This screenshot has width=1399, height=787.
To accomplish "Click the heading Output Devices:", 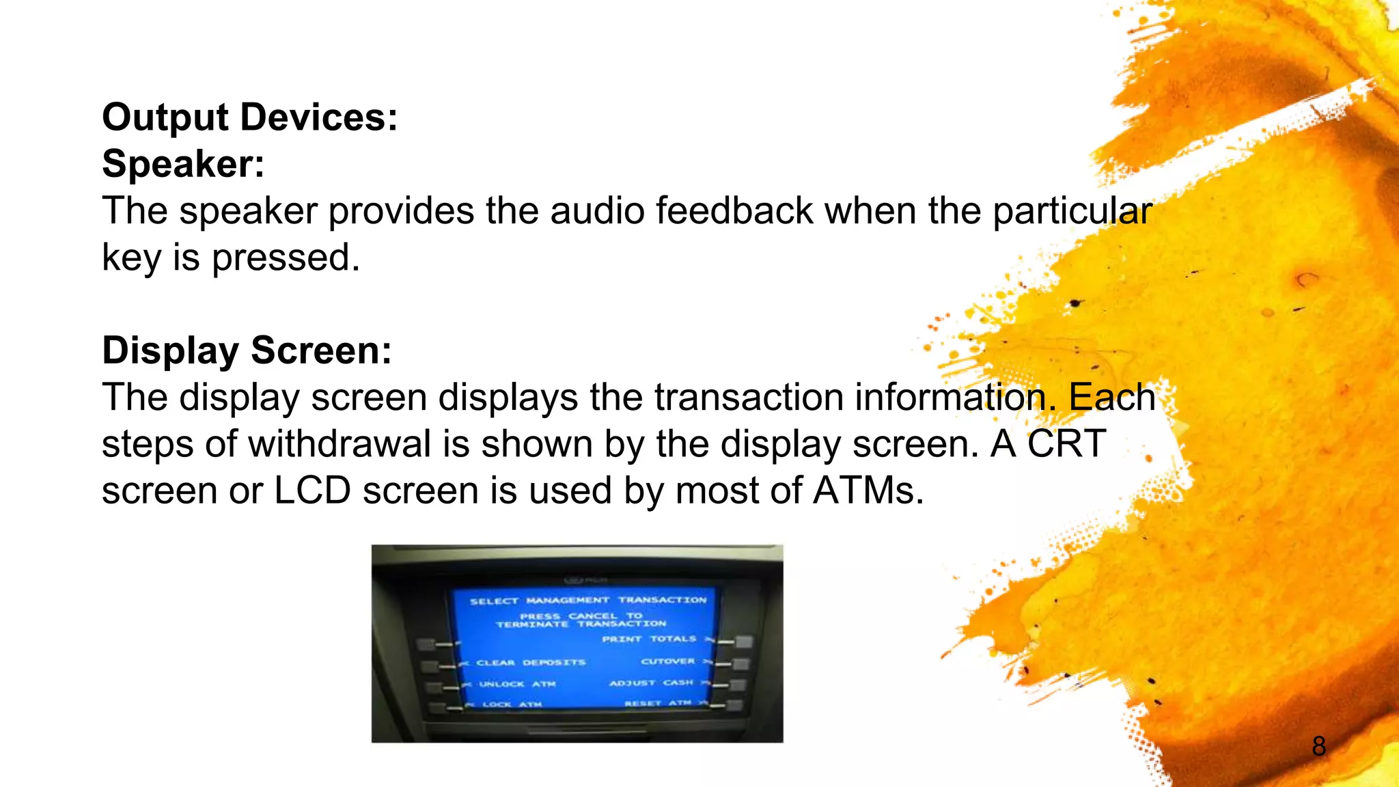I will [249, 118].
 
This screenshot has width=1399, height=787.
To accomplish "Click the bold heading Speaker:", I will [183, 164].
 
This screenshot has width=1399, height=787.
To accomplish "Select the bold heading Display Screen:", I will [247, 350].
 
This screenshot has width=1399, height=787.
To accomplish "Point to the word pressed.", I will [285, 258].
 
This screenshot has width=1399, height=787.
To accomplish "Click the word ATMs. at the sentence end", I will [868, 491].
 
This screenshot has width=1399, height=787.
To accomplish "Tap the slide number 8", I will [1318, 746].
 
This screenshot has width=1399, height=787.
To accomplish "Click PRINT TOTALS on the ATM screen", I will [649, 639].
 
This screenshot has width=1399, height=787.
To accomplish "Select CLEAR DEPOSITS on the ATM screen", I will [531, 663].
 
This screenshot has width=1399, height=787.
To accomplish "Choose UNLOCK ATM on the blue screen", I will [517, 684].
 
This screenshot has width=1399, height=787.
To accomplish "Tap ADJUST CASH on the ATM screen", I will [651, 682].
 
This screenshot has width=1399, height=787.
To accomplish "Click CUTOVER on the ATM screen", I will [667, 661].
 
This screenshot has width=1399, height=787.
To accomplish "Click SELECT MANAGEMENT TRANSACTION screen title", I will [587, 600].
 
